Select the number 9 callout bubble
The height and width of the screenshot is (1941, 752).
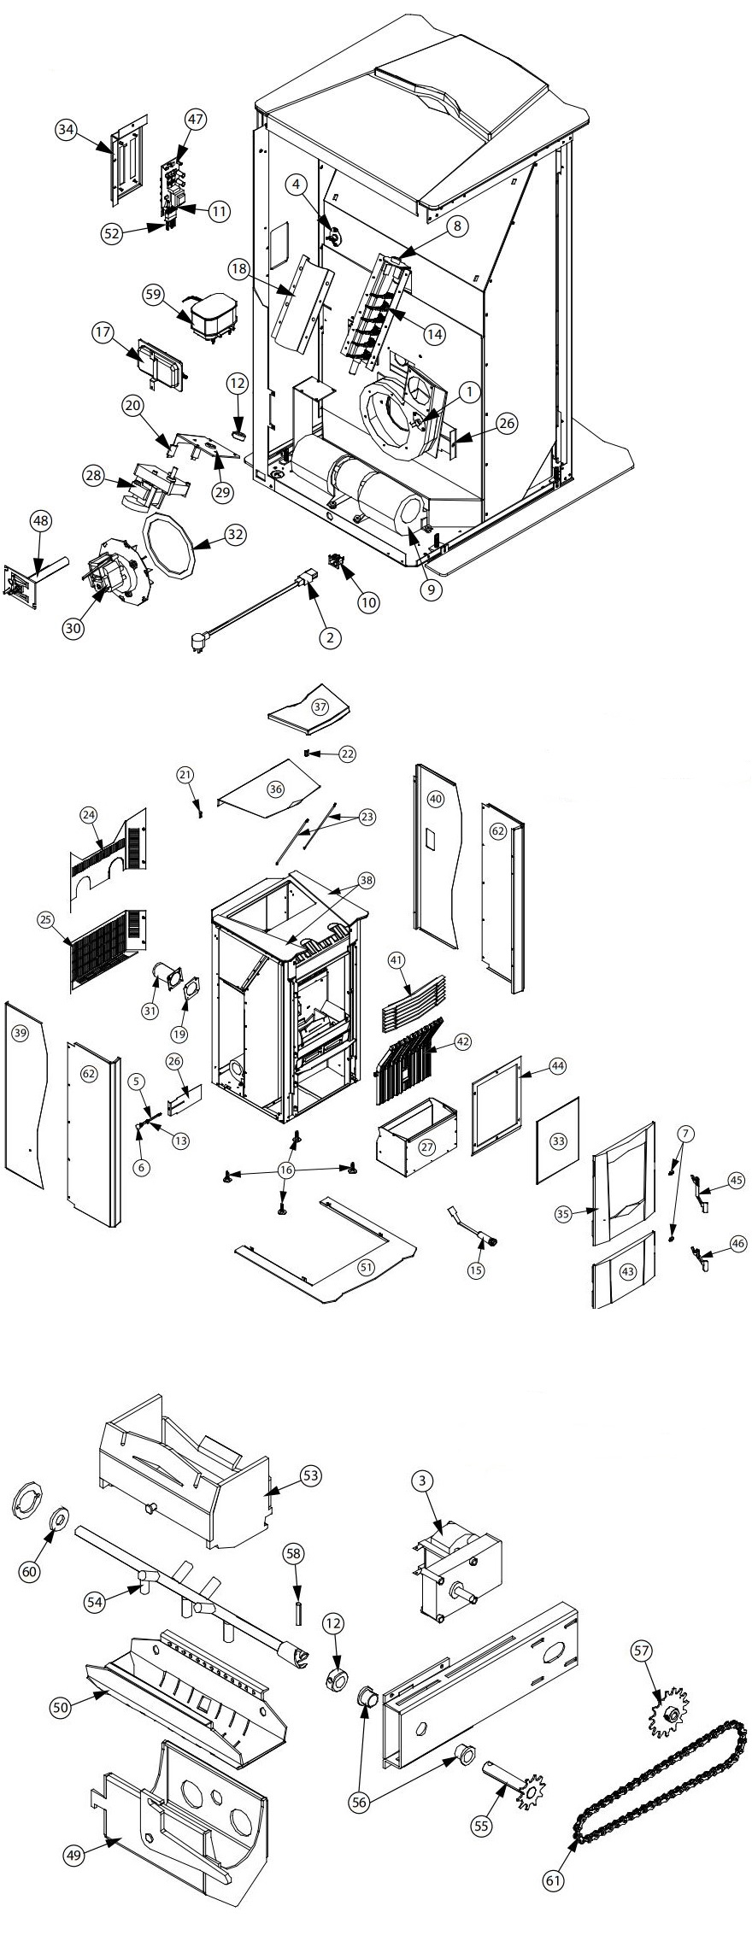point(431,588)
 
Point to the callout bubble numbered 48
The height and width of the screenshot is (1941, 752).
point(40,519)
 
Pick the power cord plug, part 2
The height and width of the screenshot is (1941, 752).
point(198,638)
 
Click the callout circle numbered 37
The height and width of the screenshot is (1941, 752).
point(320,707)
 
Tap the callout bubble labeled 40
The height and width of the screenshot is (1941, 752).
point(436,799)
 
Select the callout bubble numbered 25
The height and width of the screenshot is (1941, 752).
point(46,920)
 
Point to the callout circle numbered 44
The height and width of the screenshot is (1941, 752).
point(557,1066)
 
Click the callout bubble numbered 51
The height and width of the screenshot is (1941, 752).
point(367,1267)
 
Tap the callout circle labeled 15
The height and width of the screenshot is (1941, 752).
point(476,1270)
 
